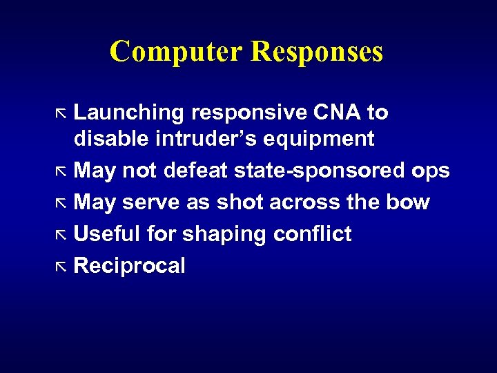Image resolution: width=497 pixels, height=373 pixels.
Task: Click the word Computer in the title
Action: [176, 52]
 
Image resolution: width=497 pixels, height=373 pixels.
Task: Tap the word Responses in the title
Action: [317, 52]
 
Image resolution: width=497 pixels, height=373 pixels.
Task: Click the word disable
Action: [111, 139]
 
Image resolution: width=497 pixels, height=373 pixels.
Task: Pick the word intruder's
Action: [211, 139]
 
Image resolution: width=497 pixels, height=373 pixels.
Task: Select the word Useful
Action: [107, 234]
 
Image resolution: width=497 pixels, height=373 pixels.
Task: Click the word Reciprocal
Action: [129, 266]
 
